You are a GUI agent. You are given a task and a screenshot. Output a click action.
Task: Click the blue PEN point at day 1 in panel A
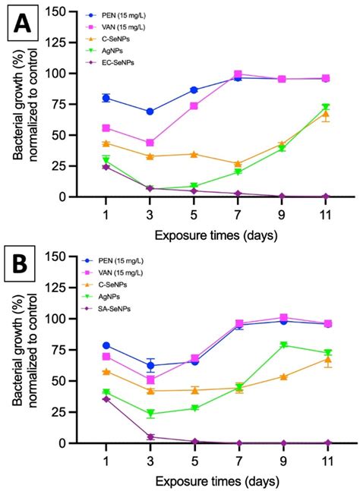click(106, 98)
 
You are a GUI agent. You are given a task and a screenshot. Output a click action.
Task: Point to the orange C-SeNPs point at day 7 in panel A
click(238, 163)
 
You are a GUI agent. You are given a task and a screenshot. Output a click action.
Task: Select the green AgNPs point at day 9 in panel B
click(282, 345)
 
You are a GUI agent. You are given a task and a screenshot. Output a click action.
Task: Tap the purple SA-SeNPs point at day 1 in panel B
click(106, 398)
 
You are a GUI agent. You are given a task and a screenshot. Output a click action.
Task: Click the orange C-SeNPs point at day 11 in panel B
click(326, 360)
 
